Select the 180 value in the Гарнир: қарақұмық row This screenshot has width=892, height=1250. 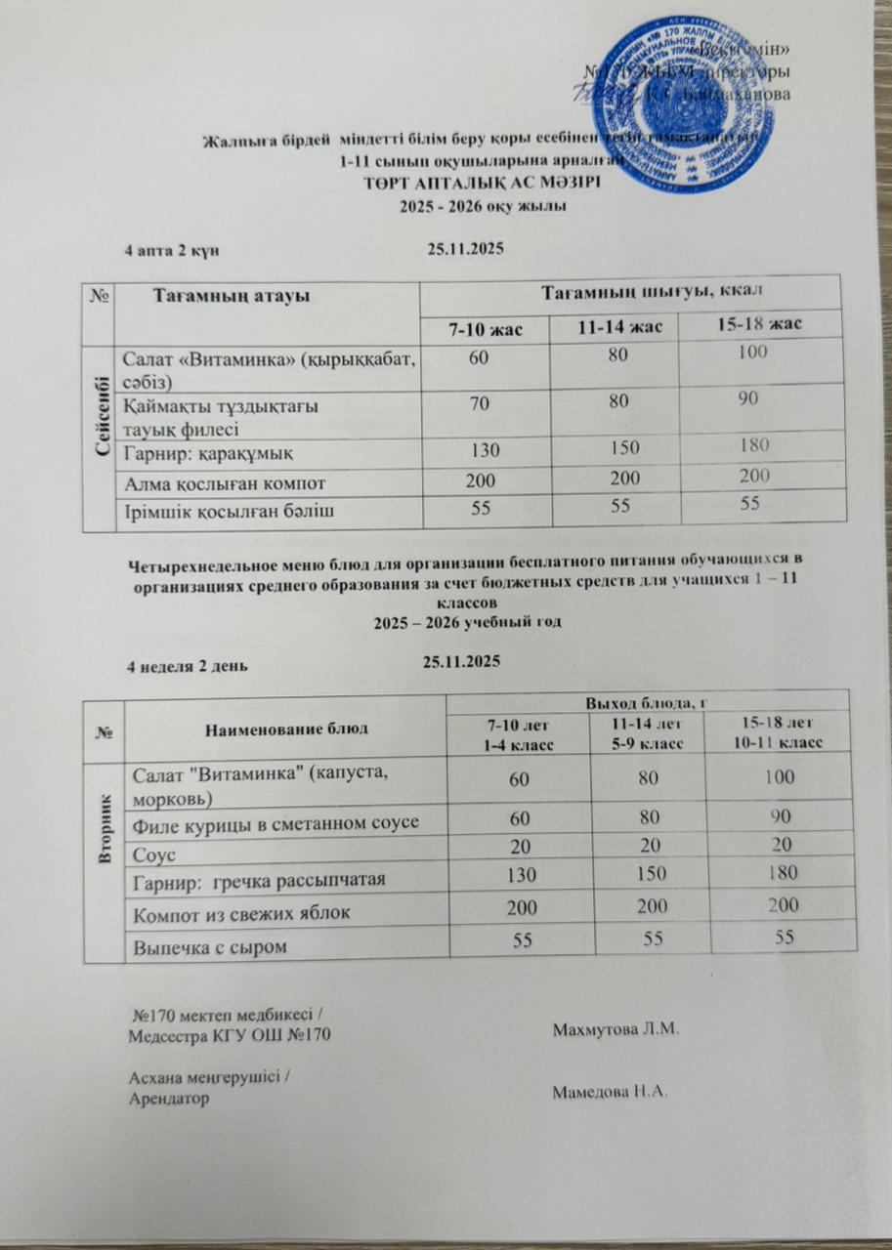coord(752,446)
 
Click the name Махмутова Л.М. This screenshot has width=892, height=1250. coord(615,1030)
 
